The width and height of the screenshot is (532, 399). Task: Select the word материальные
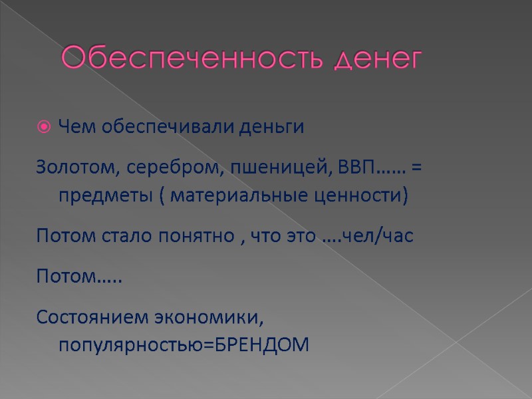(243, 198)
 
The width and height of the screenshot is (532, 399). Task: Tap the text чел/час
(378, 237)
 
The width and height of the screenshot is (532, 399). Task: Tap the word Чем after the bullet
(73, 127)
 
